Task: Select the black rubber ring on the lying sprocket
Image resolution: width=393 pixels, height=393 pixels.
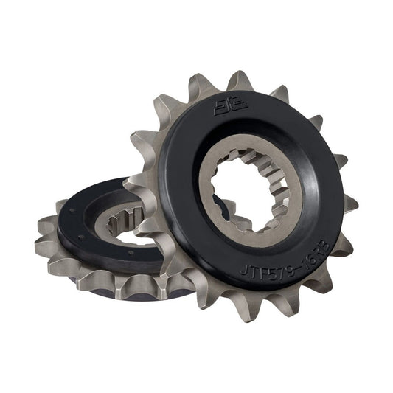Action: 88,236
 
